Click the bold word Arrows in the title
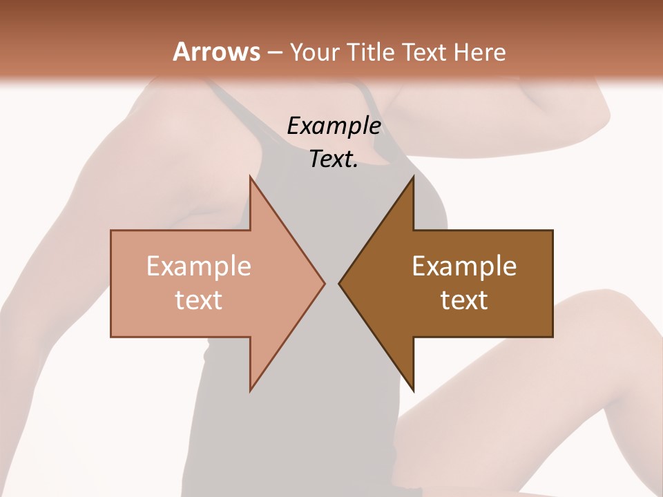coord(215,52)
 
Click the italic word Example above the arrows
coord(334,126)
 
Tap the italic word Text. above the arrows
coord(334,159)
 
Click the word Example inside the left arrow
coord(199,267)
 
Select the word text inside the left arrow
coord(199,300)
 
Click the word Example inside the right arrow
coord(464,267)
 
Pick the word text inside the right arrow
coord(464,300)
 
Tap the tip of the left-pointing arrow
coord(340,283)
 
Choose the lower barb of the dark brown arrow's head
coord(412,388)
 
